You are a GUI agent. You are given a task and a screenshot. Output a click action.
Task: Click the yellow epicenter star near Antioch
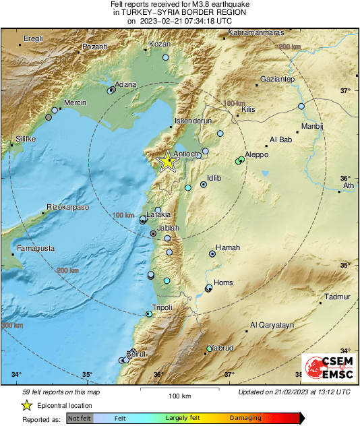pos(166,160)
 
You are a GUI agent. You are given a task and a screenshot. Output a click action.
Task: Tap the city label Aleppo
pos(257,154)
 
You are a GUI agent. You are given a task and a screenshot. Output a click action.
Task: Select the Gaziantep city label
pos(276,79)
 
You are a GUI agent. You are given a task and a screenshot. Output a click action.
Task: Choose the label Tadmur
pos(338,297)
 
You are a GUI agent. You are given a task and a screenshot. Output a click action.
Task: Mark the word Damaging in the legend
pos(245,418)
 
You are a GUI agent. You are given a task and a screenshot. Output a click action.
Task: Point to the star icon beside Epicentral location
pos(26,405)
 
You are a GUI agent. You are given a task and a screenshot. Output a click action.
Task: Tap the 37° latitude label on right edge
pos(347,90)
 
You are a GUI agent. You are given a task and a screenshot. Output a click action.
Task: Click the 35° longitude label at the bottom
pos(87,375)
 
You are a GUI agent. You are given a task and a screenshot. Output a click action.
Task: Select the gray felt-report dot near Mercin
pos(48,117)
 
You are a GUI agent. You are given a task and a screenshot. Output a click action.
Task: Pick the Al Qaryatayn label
pos(272,325)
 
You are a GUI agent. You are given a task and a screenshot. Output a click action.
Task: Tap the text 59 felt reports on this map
pos(60,392)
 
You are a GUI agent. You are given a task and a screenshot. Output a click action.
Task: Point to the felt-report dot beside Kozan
pos(165,58)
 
